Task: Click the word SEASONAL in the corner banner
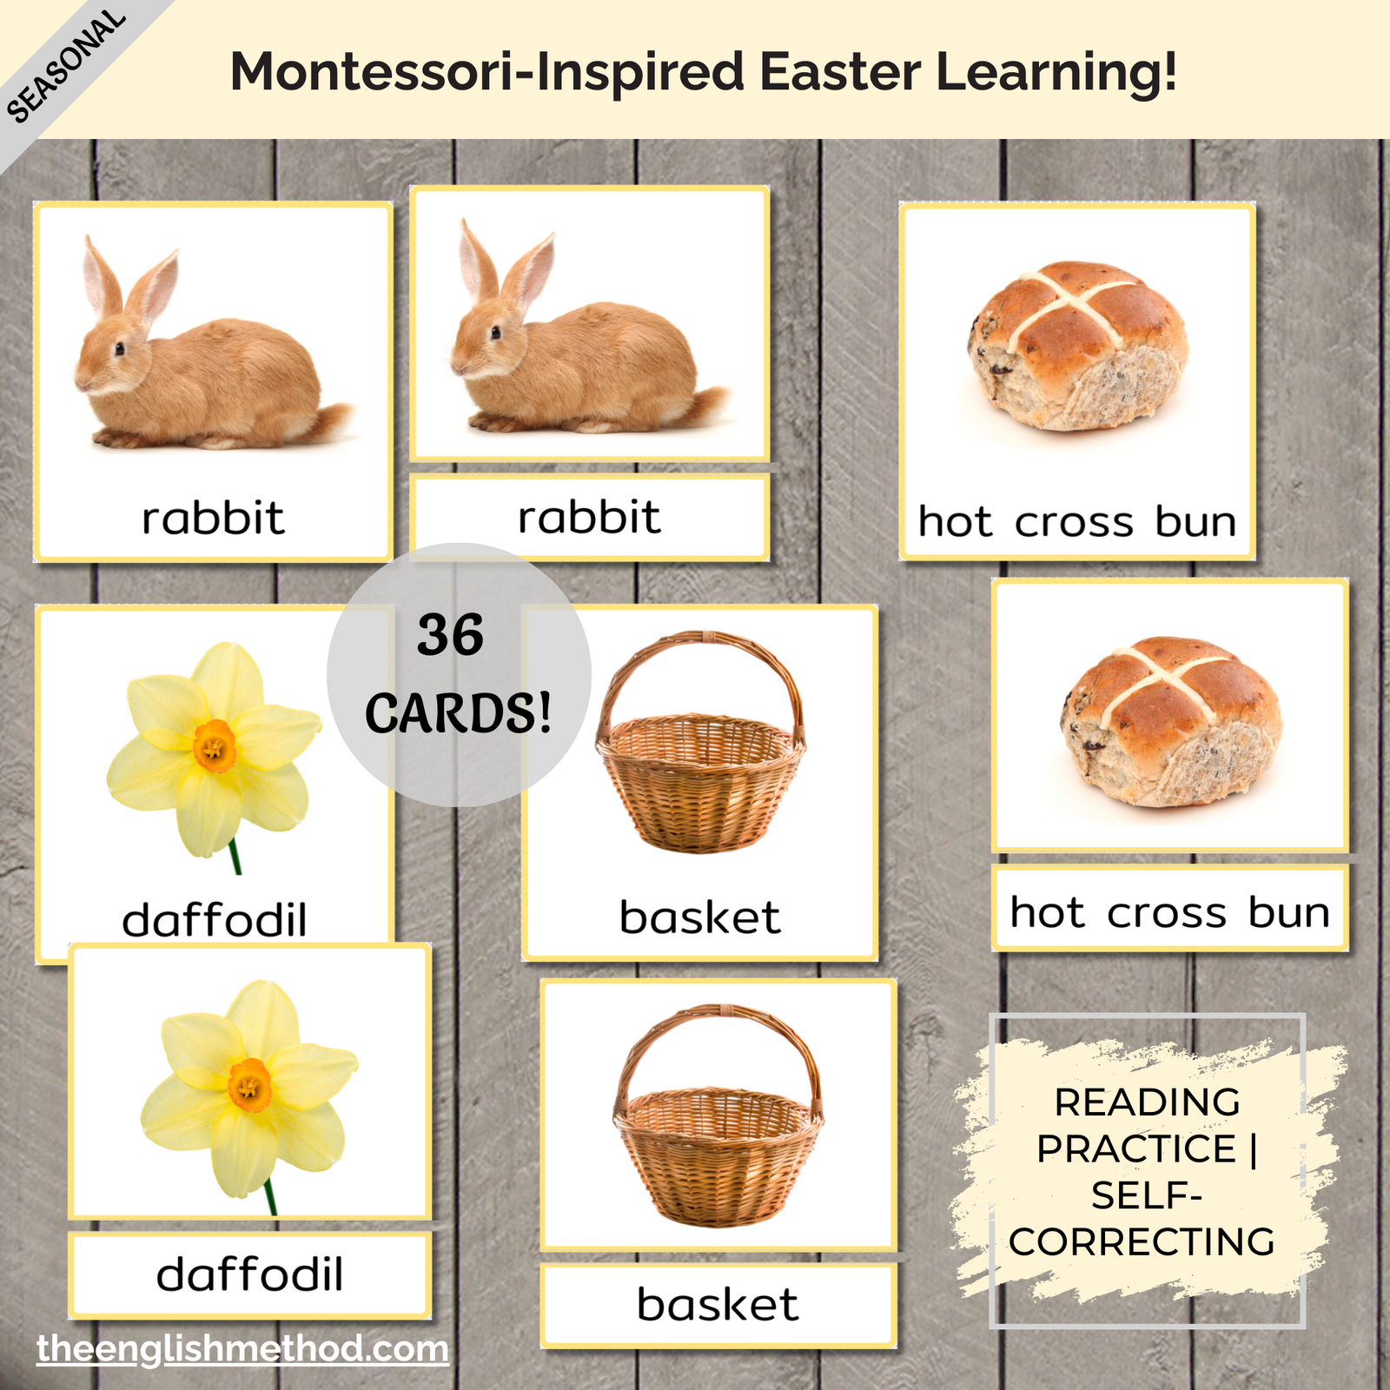pos(66,66)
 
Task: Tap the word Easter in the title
pos(839,71)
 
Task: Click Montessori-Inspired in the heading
pos(487,73)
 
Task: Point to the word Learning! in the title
pos(1056,73)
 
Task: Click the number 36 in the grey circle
pos(450,635)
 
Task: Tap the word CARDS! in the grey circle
pos(458,714)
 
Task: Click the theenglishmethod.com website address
pos(242,1349)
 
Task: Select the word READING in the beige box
pos(1147,1102)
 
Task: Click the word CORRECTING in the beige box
pos(1142,1242)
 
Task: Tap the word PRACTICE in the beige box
pos(1136,1148)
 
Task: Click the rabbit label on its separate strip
pos(589,518)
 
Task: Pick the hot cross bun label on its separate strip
pos(1170,912)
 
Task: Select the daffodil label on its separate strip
pos(250,1274)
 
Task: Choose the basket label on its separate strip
pos(718,1304)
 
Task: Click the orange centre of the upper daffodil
pos(215,746)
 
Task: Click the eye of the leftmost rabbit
pos(119,348)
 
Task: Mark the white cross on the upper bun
pos(1076,304)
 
